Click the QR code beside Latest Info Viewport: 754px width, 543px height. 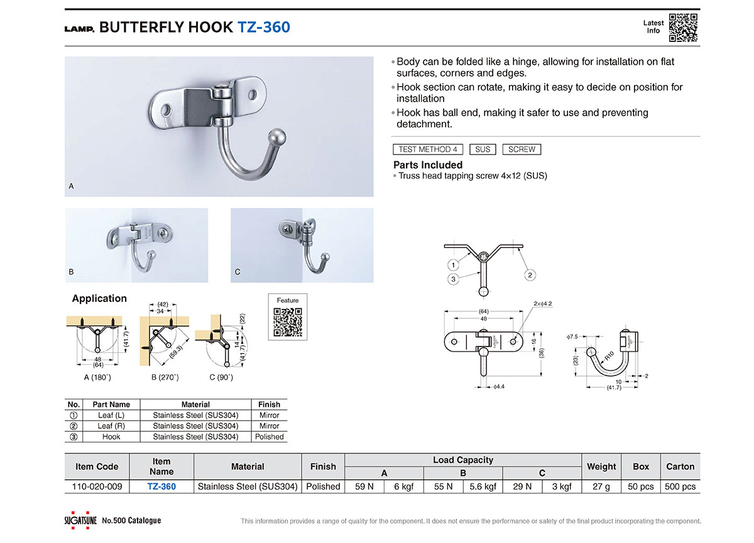pos(683,28)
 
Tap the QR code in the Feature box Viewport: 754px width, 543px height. pos(288,322)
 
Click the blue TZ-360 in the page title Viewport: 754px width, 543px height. pos(264,27)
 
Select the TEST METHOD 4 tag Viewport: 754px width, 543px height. pos(428,149)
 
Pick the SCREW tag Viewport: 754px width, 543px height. pos(522,149)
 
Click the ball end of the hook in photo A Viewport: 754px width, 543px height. pos(277,137)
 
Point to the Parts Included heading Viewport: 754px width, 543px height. pos(428,164)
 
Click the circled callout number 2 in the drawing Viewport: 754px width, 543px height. pos(530,275)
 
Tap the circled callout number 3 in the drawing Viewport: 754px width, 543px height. pos(454,279)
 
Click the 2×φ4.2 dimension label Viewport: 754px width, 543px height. pos(543,304)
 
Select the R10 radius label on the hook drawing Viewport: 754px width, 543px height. pos(609,355)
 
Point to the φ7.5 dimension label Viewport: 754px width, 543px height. pos(572,336)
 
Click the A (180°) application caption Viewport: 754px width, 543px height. pos(97,377)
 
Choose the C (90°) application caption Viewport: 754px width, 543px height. pos(221,377)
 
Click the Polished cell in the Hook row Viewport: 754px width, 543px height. pos(270,437)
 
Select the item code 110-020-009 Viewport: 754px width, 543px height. pos(97,487)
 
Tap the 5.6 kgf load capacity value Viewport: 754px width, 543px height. pos(483,487)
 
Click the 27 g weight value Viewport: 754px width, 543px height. pos(601,487)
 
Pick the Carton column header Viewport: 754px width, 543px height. pos(680,466)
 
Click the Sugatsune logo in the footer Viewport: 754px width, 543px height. pos(80,520)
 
